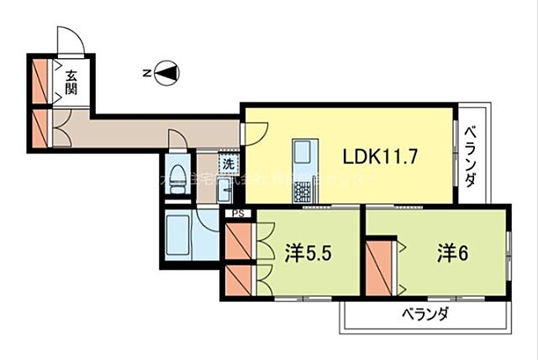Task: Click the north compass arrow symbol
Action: coord(167,74)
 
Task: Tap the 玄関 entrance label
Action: coord(73,81)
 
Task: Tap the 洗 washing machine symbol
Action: coord(227,163)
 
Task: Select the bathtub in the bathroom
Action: coord(178,237)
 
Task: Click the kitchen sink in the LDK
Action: coord(303,155)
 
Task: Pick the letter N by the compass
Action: coord(146,74)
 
